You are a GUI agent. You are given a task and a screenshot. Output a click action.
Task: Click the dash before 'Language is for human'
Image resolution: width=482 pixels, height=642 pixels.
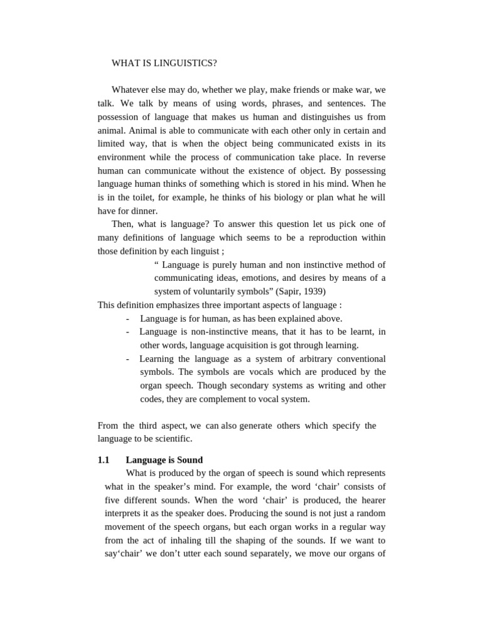tap(127, 318)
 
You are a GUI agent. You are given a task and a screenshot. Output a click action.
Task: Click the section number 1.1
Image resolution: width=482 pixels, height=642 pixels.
tap(104, 460)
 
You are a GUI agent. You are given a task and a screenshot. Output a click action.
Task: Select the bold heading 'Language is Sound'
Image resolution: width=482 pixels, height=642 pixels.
tap(164, 460)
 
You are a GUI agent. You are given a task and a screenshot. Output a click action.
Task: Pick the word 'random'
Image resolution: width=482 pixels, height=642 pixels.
tap(371, 513)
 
